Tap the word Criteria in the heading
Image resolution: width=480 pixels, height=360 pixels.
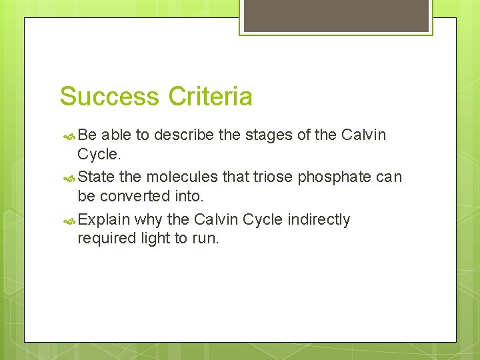pos(211,97)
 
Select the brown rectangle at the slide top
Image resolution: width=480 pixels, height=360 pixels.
pos(336,15)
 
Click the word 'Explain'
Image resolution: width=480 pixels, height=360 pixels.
pos(103,220)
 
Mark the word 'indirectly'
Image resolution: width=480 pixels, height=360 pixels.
pos(319,220)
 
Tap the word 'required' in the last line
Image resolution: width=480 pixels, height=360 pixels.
pos(103,238)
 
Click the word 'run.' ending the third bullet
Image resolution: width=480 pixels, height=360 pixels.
pos(204,238)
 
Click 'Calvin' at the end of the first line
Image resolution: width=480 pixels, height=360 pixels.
pos(363,135)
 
